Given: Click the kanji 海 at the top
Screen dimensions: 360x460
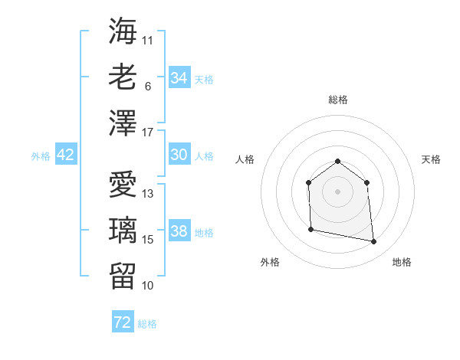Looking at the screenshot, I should pyautogui.click(x=123, y=31).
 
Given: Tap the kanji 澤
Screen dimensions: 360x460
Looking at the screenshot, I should pyautogui.click(x=123, y=123).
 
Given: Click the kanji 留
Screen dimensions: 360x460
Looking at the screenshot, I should pyautogui.click(x=123, y=276).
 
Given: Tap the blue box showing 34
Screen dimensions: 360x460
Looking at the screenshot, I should pyautogui.click(x=179, y=78).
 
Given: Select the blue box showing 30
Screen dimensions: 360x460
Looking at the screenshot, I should pyautogui.click(x=179, y=155).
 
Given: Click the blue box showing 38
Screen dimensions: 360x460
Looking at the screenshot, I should pyautogui.click(x=179, y=231).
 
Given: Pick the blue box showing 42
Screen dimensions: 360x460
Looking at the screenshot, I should pyautogui.click(x=66, y=155).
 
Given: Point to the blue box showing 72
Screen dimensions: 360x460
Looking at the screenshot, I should pyautogui.click(x=123, y=322).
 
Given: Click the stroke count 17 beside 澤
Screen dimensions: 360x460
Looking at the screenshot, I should pyautogui.click(x=148, y=133).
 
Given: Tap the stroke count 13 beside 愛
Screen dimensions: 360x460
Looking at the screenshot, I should pyautogui.click(x=148, y=193).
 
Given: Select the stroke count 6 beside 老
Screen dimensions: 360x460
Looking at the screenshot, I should pyautogui.click(x=147, y=87).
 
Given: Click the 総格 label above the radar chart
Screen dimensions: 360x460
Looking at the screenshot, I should pyautogui.click(x=338, y=100).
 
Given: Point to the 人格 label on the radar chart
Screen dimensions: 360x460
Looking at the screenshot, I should pyautogui.click(x=245, y=159).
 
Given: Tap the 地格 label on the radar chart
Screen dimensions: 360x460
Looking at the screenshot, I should pyautogui.click(x=402, y=262).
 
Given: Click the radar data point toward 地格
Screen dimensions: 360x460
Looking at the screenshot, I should pyautogui.click(x=373, y=242).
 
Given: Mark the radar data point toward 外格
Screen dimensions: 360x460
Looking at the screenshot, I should pyautogui.click(x=310, y=229).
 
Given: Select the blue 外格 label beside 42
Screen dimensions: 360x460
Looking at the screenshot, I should pyautogui.click(x=41, y=155).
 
